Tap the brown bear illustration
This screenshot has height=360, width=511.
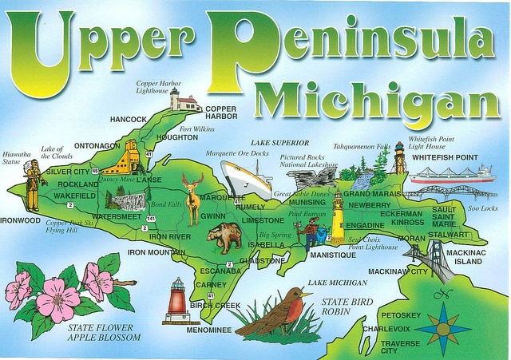click(x=224, y=237)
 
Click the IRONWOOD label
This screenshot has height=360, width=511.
click(x=20, y=220)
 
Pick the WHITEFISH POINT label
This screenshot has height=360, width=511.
click(x=445, y=157)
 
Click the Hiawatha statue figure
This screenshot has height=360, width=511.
click(x=33, y=184)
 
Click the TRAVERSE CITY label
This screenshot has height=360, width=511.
click(x=400, y=346)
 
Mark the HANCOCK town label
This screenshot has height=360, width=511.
click(x=128, y=119)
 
